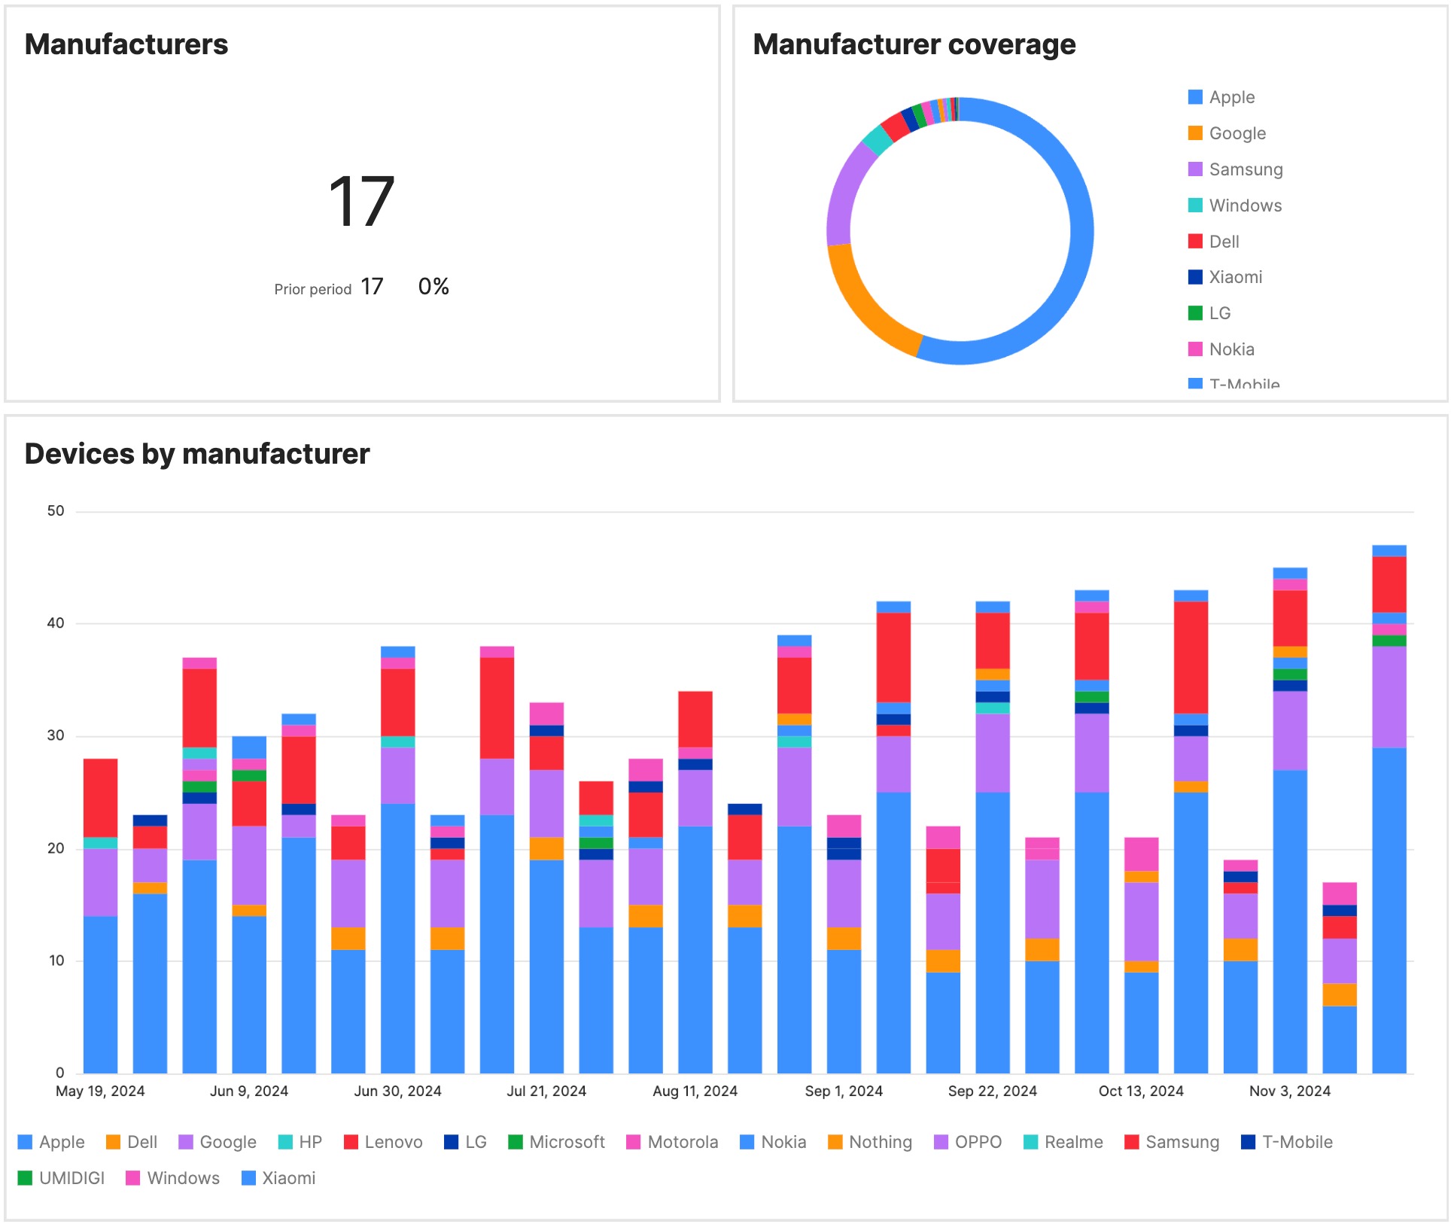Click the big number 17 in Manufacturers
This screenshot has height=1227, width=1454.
[x=362, y=202]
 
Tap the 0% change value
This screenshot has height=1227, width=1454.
[x=433, y=287]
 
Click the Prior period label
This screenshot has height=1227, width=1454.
[x=312, y=290]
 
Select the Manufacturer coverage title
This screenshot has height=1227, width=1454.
[x=914, y=45]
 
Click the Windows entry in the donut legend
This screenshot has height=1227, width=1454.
[x=1245, y=206]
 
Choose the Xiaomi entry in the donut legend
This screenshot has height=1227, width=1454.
[x=1235, y=277]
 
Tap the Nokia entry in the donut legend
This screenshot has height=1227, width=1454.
[x=1231, y=349]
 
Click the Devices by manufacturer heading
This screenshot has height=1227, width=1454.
[x=197, y=454]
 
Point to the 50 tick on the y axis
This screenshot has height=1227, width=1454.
[x=56, y=511]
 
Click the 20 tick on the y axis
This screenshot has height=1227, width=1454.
[x=56, y=848]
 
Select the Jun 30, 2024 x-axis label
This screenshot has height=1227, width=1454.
[x=397, y=1091]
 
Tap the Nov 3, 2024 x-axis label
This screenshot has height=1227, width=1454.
[x=1289, y=1091]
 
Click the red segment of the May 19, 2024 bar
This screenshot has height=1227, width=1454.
[x=100, y=798]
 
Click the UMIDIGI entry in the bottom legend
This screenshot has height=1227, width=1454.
[x=71, y=1178]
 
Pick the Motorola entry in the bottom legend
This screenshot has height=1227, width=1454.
[x=682, y=1142]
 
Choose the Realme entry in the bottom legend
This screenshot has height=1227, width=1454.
[x=1072, y=1142]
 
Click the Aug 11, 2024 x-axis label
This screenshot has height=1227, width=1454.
[x=695, y=1091]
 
